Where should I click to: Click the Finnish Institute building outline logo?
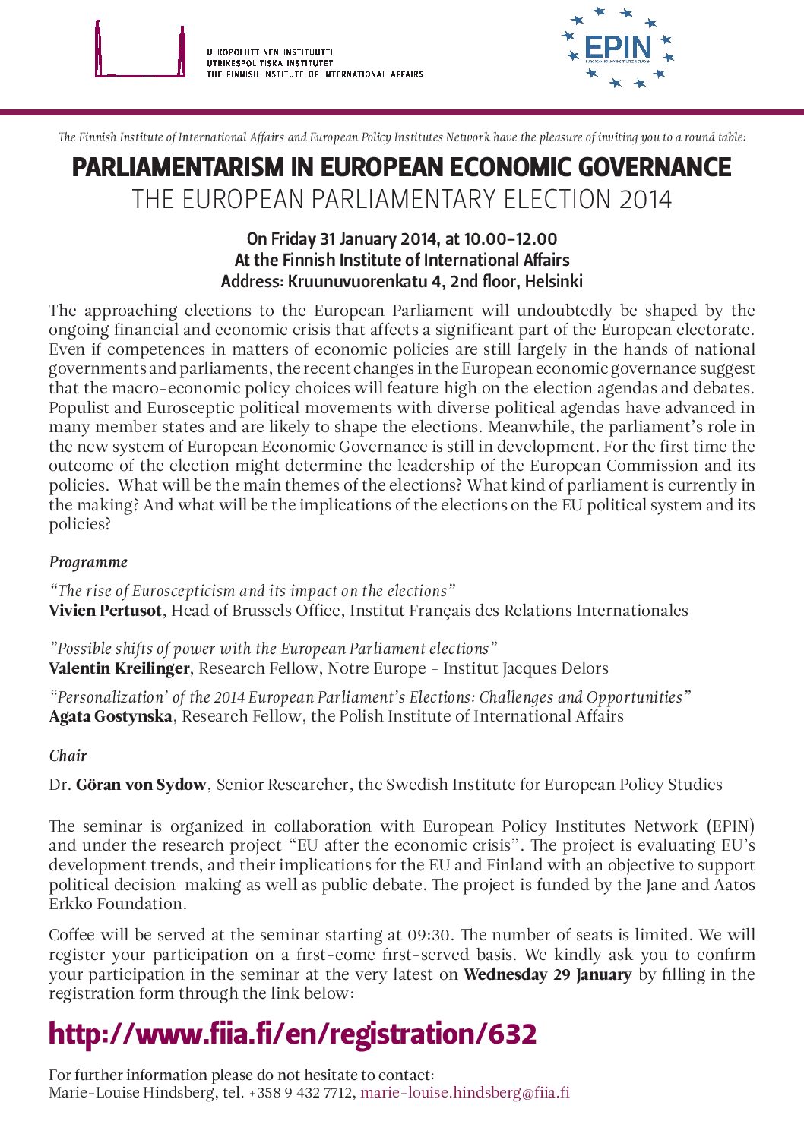pyautogui.click(x=140, y=52)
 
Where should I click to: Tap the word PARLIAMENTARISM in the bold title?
pyautogui.click(x=178, y=167)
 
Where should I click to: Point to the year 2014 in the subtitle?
pyautogui.click(x=645, y=200)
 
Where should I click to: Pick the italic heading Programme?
pyautogui.click(x=88, y=563)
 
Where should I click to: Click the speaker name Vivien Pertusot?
pyautogui.click(x=105, y=611)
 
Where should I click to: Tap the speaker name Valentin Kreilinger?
pyautogui.click(x=119, y=668)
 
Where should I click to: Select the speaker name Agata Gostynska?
pyautogui.click(x=110, y=716)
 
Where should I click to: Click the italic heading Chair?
pyautogui.click(x=68, y=756)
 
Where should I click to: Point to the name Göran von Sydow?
pyautogui.click(x=141, y=785)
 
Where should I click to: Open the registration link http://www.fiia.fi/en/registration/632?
pyautogui.click(x=293, y=1034)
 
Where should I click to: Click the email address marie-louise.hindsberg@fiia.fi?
pyautogui.click(x=464, y=1093)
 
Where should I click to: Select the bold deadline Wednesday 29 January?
pyautogui.click(x=547, y=974)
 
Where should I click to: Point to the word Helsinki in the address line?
pyautogui.click(x=553, y=282)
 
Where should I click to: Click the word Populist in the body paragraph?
pyautogui.click(x=78, y=408)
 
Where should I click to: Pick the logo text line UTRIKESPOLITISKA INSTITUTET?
pyautogui.click(x=270, y=63)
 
